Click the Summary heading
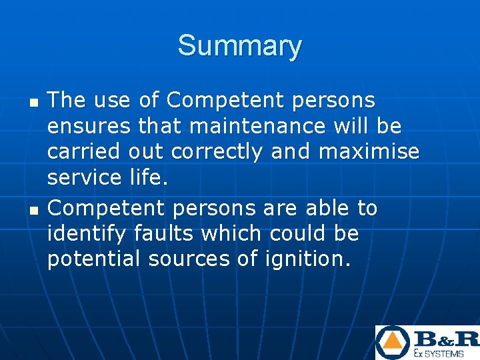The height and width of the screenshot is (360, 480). click(x=239, y=46)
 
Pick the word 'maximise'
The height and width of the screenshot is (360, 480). click(x=369, y=152)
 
